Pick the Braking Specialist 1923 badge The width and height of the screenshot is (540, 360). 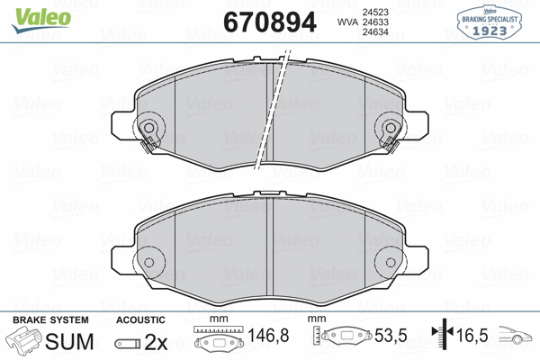click(x=490, y=22)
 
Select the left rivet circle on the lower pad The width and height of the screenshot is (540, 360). click(x=149, y=263)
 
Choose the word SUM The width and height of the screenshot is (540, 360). click(x=69, y=342)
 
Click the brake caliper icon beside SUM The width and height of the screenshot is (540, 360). click(x=24, y=342)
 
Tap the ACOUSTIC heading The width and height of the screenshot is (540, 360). click(x=140, y=319)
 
